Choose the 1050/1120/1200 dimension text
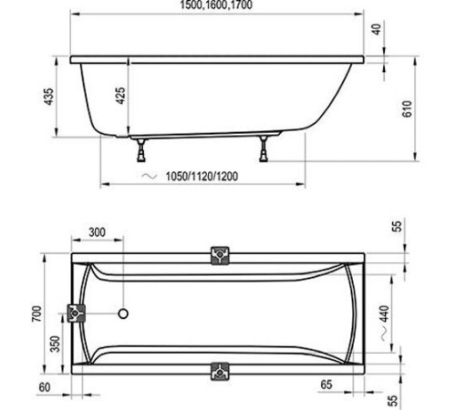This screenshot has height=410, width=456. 203,176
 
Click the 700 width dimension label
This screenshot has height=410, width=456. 36,314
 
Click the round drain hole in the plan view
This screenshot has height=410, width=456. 125,315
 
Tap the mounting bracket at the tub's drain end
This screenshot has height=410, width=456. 76,315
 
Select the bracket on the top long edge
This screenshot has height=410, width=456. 220,256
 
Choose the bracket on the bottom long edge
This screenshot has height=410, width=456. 219,371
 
